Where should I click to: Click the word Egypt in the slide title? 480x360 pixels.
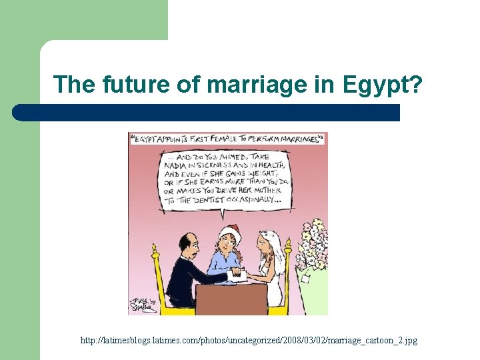[x=377, y=85]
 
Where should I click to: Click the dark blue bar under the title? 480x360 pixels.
[x=207, y=113]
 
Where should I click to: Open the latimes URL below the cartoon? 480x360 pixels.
[x=249, y=341]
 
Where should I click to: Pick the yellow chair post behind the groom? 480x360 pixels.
[x=157, y=280]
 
